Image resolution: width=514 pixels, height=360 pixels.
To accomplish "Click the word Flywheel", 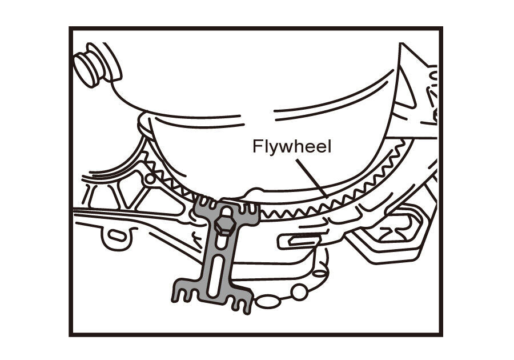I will click(292, 147).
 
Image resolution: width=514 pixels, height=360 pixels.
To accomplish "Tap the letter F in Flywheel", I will click(257, 147).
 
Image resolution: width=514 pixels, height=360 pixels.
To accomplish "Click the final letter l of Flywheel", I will click(328, 146).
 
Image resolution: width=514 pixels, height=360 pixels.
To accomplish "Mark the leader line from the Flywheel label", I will click(311, 177).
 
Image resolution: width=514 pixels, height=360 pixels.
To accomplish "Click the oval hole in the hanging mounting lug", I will click(116, 235).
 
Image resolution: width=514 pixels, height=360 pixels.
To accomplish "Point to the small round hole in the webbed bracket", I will click(150, 179).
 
